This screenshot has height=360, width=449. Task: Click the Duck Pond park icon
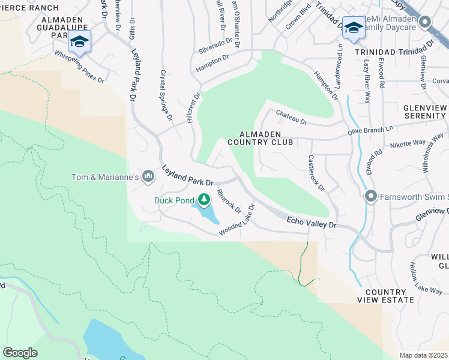click(x=204, y=199)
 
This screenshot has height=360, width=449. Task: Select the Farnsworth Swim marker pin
click(x=370, y=196)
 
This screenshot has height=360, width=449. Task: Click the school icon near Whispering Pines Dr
click(x=79, y=41)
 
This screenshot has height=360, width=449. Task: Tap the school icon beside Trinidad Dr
click(x=354, y=28)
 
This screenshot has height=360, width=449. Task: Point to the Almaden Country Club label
click(x=266, y=138)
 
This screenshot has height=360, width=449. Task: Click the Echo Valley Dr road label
click(x=312, y=223)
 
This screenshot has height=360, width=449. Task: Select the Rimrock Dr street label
click(x=229, y=202)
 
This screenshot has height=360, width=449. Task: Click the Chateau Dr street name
click(x=291, y=118)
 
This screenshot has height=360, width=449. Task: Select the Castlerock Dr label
click(x=316, y=173)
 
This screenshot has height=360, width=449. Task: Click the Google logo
click(x=20, y=353)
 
